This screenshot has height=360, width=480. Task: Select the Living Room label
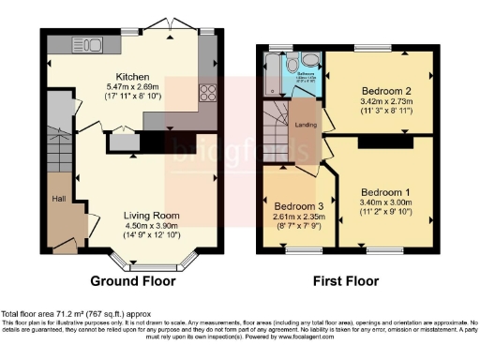coord(152,215)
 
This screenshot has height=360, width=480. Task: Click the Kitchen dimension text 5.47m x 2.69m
coord(134,88)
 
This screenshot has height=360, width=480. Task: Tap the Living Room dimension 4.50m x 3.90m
coord(152,225)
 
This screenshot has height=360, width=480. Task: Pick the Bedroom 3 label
coord(298,205)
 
